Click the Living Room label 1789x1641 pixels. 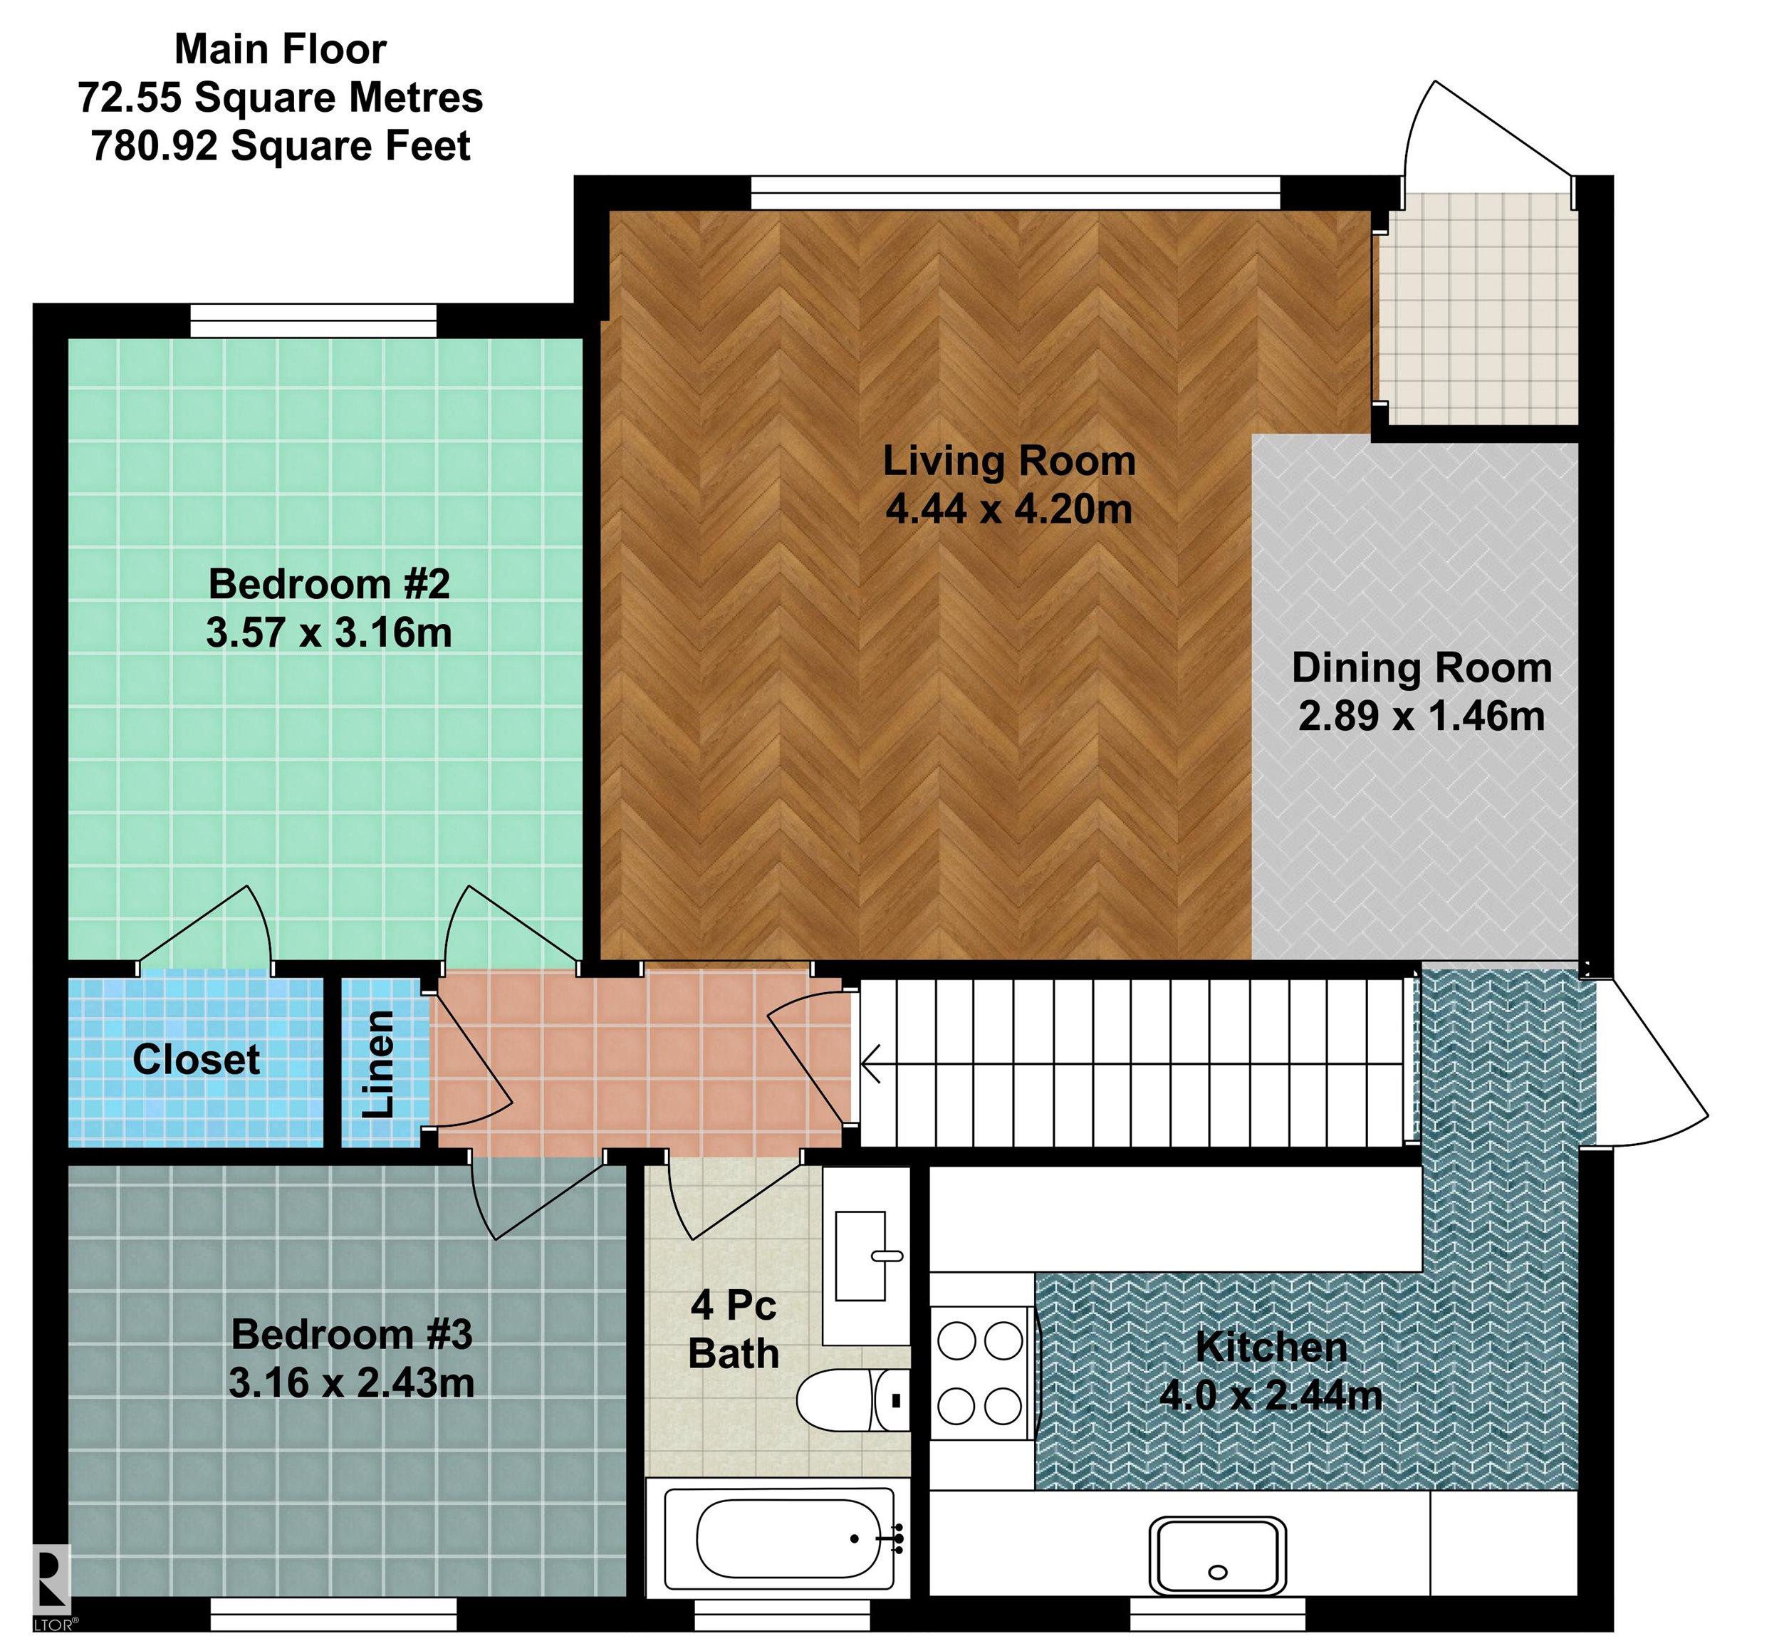[x=1008, y=461]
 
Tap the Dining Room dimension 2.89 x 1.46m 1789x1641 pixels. [x=1422, y=716]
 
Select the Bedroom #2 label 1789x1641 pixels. [x=330, y=584]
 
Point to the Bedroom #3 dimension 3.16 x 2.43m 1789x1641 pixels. [x=352, y=1382]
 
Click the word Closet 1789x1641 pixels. [x=197, y=1059]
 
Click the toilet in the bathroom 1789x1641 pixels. [x=853, y=1400]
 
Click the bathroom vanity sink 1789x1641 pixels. [x=861, y=1256]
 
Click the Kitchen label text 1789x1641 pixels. [x=1271, y=1347]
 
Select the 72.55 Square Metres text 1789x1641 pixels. [x=281, y=97]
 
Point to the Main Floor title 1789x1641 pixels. [x=281, y=49]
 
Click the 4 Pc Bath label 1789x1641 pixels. [x=734, y=1329]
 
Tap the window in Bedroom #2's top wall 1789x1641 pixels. [x=313, y=321]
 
